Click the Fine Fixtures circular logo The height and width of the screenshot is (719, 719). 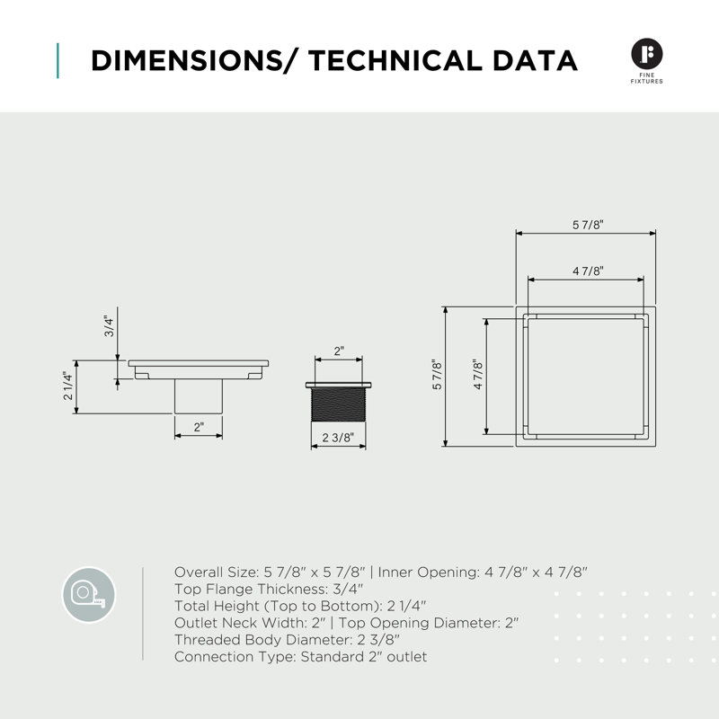[x=646, y=54]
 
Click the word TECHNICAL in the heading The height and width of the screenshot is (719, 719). [x=395, y=60]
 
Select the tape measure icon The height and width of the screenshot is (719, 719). [x=88, y=594]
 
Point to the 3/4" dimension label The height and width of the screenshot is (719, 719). [x=109, y=326]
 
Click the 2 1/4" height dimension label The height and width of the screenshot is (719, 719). [x=68, y=386]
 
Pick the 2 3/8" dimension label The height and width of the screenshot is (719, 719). [x=338, y=438]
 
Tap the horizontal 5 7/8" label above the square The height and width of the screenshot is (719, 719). [x=588, y=225]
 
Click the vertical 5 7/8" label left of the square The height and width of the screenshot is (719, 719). [x=438, y=375]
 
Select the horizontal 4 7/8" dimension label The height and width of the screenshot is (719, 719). [x=588, y=271]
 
